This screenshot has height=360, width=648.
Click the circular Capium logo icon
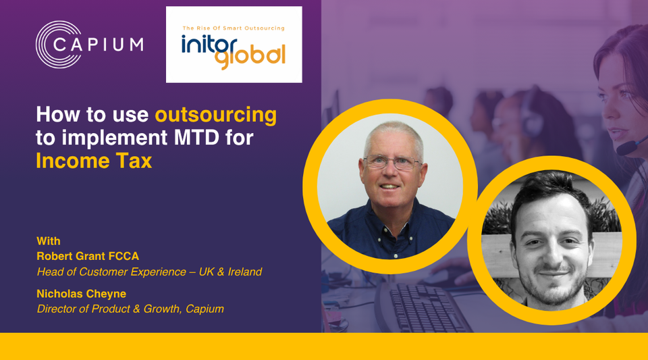(x=57, y=45)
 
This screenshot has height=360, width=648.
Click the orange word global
(x=250, y=57)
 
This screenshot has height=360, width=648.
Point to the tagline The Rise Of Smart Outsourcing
(x=234, y=28)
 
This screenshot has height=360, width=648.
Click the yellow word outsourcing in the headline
(x=216, y=114)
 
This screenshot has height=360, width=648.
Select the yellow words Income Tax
(x=94, y=161)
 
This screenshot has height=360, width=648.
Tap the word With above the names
(x=49, y=241)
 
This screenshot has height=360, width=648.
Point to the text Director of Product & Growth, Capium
(x=130, y=309)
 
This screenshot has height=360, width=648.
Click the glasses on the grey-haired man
(x=392, y=163)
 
